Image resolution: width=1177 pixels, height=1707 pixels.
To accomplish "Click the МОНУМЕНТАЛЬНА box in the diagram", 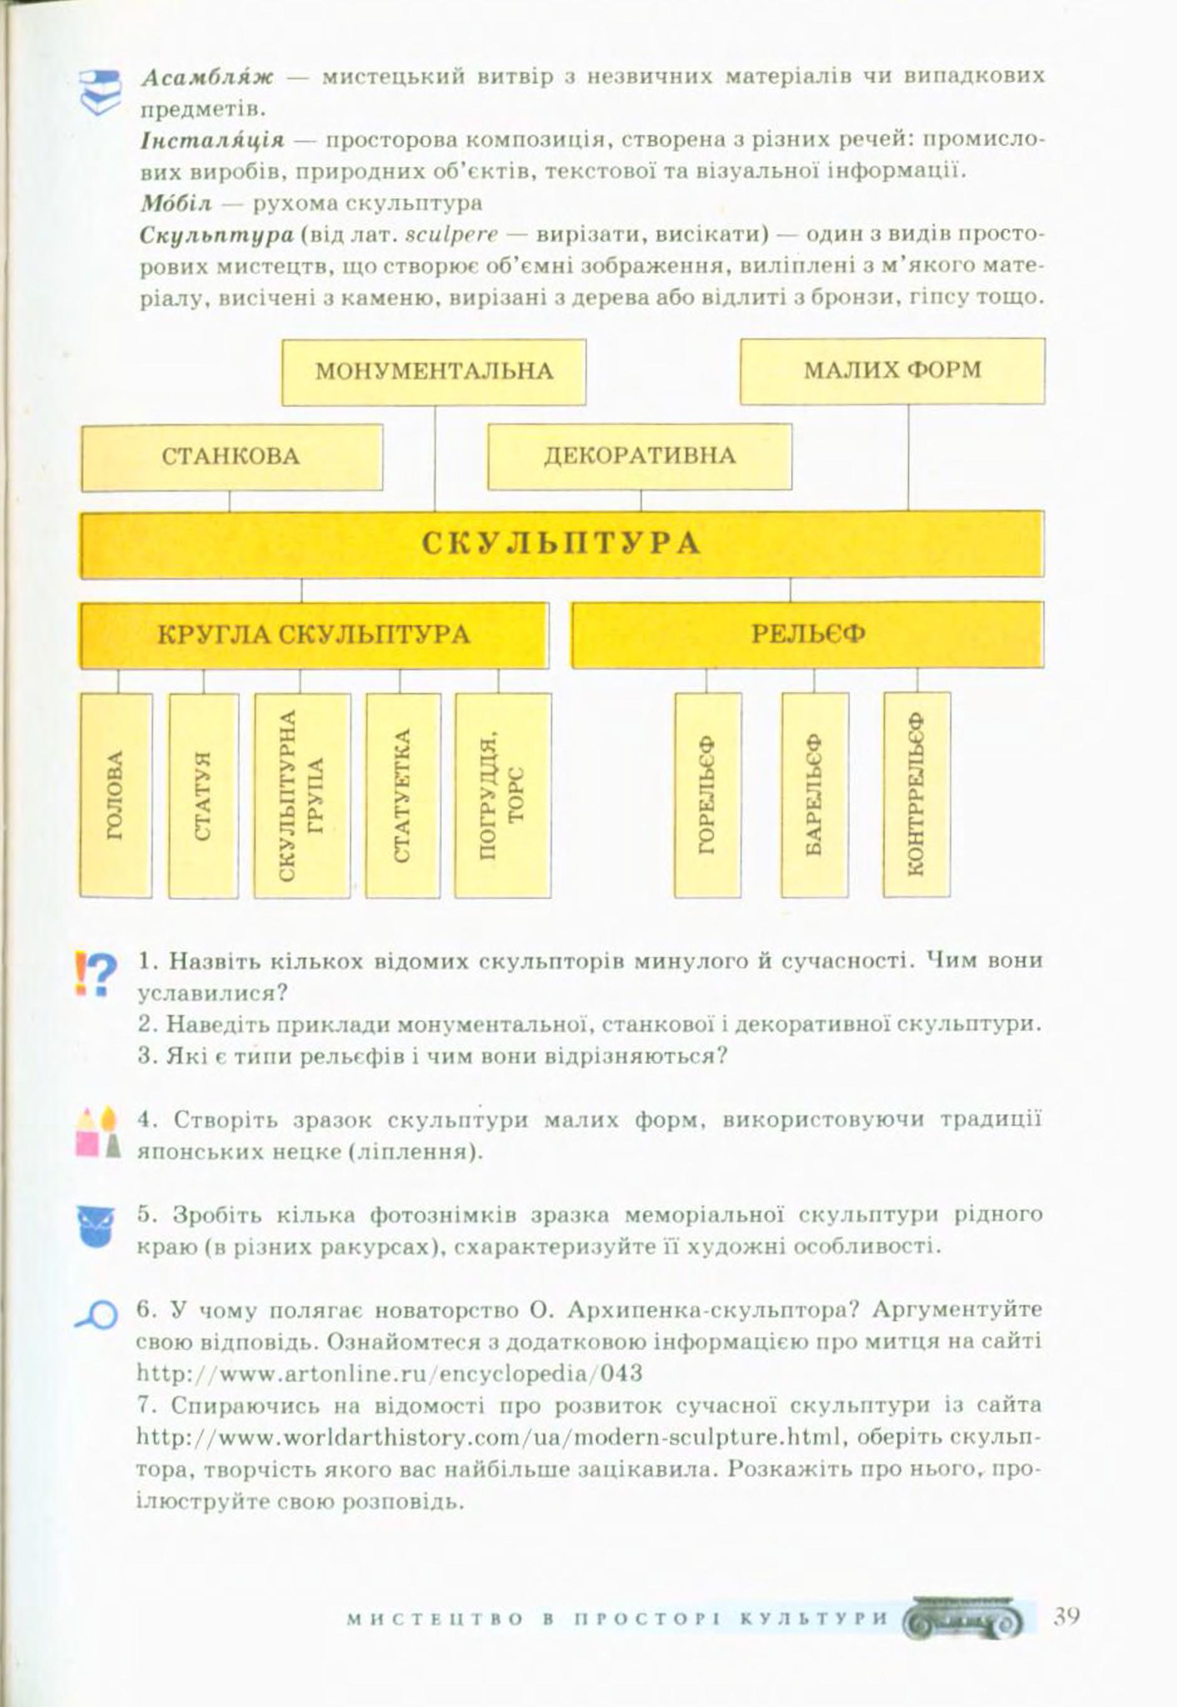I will [434, 372].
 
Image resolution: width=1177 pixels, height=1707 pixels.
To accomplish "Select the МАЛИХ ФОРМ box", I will [893, 371].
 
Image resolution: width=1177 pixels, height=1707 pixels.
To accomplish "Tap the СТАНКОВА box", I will [232, 457].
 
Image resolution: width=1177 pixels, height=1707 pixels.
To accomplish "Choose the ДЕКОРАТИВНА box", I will [640, 456].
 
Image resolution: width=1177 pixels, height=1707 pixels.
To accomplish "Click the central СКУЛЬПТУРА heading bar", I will [561, 544].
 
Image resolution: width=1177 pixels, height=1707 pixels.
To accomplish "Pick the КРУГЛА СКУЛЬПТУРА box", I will [314, 635].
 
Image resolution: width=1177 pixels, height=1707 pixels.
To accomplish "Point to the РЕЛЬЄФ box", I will [807, 635].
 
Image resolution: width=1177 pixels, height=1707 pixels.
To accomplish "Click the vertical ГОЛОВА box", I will [116, 795].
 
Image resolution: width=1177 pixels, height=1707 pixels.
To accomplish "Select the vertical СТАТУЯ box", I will [203, 795].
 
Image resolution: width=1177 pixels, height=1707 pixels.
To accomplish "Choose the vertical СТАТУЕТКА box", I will [402, 795].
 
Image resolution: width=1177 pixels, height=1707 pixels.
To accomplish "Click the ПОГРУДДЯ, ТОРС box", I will [503, 795].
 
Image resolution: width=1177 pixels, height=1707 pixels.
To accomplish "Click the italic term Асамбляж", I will [207, 77].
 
